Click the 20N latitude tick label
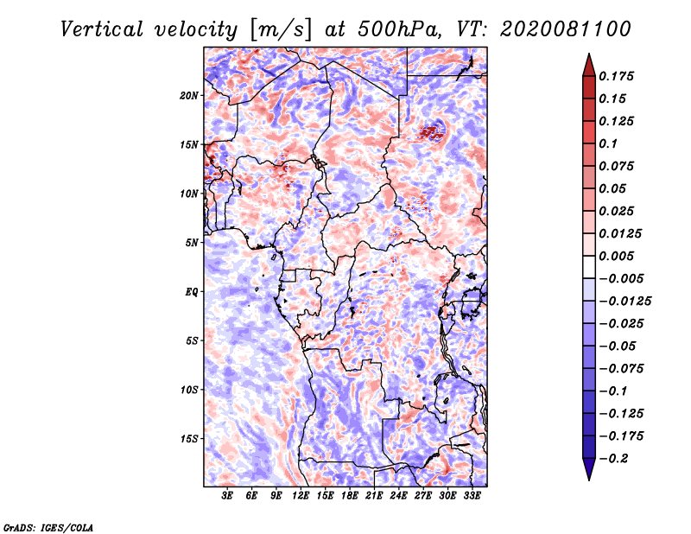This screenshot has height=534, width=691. coord(189,96)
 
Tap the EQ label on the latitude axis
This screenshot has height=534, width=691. coord(191,292)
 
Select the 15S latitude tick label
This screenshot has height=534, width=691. coord(189,439)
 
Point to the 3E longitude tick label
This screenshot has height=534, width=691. coord(227,496)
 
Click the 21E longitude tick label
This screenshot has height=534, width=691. coord(374,496)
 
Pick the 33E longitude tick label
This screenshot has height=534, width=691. coord(472,496)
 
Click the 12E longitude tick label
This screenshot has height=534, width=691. coord(301,496)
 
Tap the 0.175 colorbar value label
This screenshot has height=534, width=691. coord(616,76)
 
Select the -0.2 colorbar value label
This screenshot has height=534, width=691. coord(614,459)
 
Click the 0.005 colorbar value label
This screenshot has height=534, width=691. coord(616,256)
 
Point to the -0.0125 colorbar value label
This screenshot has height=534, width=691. coord(624,302)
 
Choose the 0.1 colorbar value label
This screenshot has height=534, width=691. coord(608,143)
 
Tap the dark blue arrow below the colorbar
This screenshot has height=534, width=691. coord(589,468)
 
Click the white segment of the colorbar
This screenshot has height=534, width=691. coord(589,267)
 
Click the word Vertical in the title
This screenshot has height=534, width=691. coord(102,29)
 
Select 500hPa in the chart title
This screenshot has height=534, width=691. coord(399,29)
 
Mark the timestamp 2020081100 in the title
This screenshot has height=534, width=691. coord(566,29)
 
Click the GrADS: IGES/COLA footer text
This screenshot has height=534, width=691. coord(48,528)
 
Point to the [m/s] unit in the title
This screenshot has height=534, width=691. coord(281,30)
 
